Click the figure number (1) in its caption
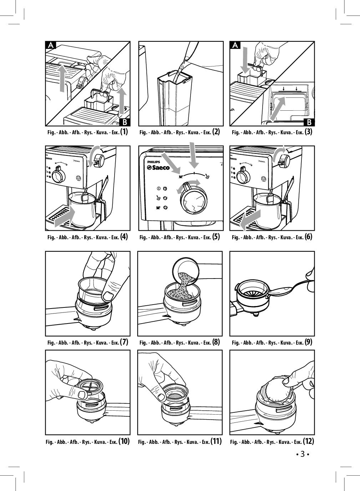(x=124, y=132)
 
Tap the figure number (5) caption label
(x=216, y=237)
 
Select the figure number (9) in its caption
(x=308, y=342)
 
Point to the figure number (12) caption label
(x=308, y=441)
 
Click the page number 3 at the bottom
(x=302, y=454)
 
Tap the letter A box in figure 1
(x=51, y=45)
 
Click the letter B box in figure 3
(x=309, y=122)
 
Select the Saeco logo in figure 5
(x=159, y=167)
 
